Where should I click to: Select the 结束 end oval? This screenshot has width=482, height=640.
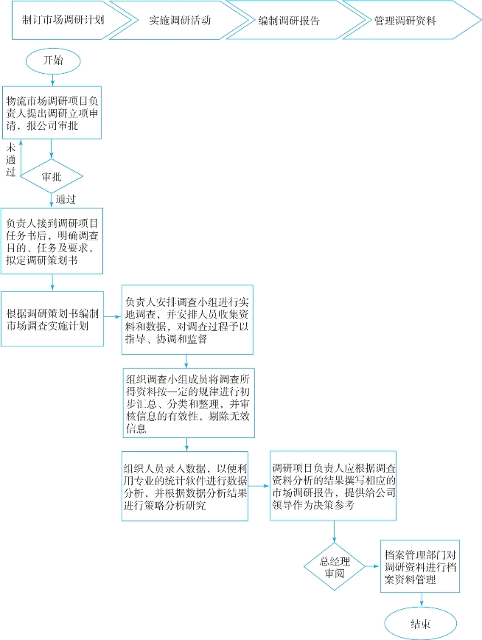tap(419, 623)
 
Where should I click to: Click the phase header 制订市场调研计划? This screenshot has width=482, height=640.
tap(63, 21)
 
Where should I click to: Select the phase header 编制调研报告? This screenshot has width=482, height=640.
tap(290, 21)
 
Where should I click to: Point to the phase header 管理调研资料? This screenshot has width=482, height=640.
tap(405, 21)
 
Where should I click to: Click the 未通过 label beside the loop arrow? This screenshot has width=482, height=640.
tap(11, 161)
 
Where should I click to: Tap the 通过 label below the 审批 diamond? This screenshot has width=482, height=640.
tap(66, 199)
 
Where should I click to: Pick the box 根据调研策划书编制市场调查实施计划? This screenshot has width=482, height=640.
tap(51, 319)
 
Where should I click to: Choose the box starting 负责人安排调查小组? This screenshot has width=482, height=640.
tap(187, 319)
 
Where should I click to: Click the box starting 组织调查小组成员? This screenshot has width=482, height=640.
tap(187, 402)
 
